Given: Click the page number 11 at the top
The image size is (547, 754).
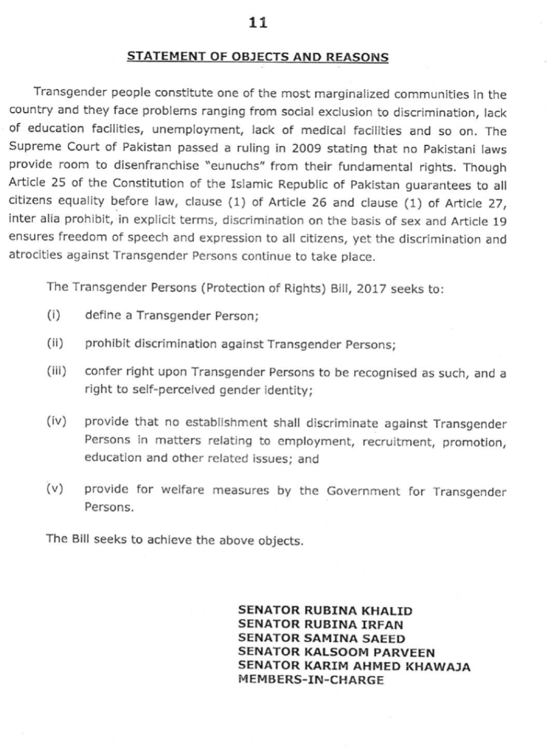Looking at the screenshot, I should coord(258,23).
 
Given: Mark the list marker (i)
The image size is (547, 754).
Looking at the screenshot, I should coord(52,317).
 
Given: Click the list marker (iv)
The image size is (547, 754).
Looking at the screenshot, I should coord(55,419).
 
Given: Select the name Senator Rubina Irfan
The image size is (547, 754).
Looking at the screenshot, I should coord(320,624).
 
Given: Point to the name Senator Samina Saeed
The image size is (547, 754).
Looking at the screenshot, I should coord(321,638).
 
